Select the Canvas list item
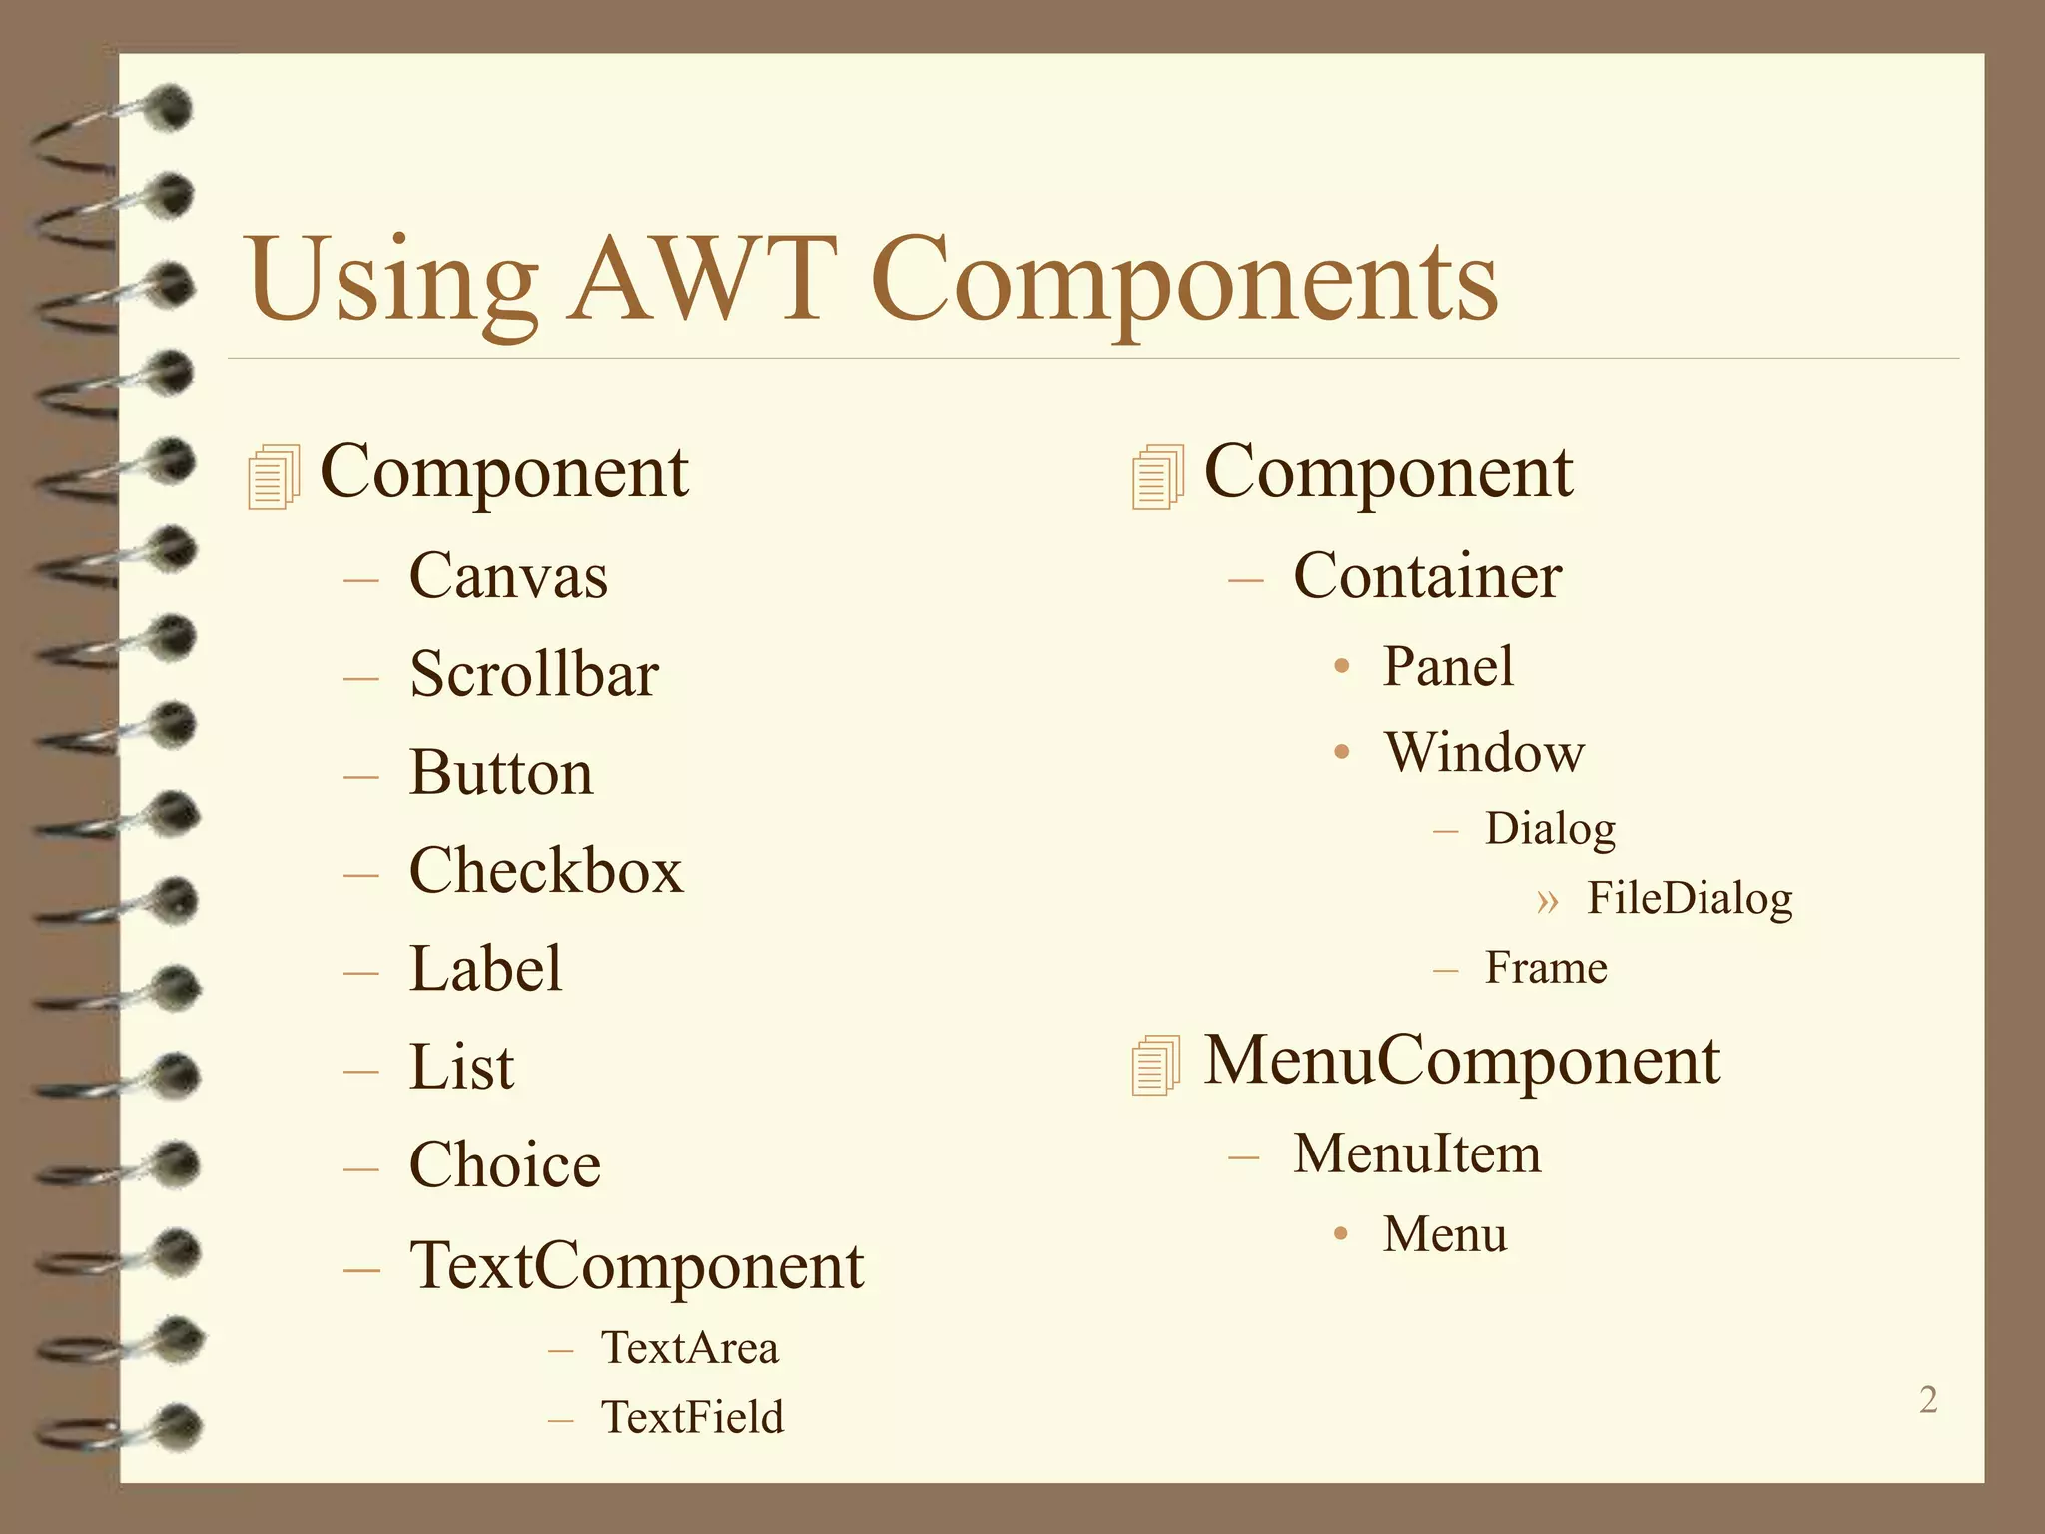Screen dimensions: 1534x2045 pos(508,576)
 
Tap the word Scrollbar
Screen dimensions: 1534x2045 pos(534,674)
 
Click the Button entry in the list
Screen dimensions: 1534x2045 pos(501,772)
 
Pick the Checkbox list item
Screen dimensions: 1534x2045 pos(546,870)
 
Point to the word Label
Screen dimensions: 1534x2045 pos(486,968)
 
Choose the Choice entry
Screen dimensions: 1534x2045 pos(505,1164)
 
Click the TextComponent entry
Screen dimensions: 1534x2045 pos(636,1265)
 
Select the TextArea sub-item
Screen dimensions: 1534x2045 pos(689,1347)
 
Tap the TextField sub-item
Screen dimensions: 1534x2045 pos(692,1417)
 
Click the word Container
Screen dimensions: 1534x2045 pos(1427,576)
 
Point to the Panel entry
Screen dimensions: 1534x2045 pos(1448,666)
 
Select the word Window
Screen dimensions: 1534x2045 pos(1484,752)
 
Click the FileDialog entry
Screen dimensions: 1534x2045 pos(1690,898)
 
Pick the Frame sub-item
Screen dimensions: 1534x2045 pos(1546,967)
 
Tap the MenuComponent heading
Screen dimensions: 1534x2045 pos(1462,1060)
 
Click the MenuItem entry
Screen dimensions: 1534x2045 pos(1417,1153)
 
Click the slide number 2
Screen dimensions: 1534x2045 pos(1928,1400)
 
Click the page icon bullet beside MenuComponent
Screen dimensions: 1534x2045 pos(1156,1065)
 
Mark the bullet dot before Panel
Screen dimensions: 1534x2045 pos(1342,666)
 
